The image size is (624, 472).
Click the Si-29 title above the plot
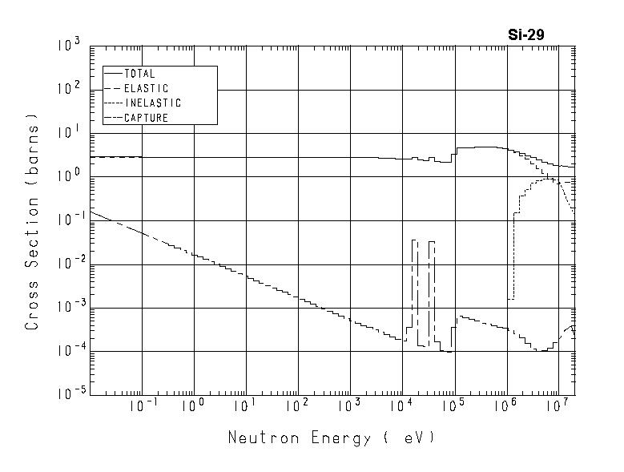[x=526, y=34]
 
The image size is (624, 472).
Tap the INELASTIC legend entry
[x=152, y=103]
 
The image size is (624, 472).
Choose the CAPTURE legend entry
[x=147, y=118]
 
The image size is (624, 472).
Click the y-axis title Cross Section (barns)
[x=33, y=222]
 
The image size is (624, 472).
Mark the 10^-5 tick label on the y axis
[x=69, y=394]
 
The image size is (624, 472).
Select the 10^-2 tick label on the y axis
[x=69, y=263]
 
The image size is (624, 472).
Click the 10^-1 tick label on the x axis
[x=143, y=407]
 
